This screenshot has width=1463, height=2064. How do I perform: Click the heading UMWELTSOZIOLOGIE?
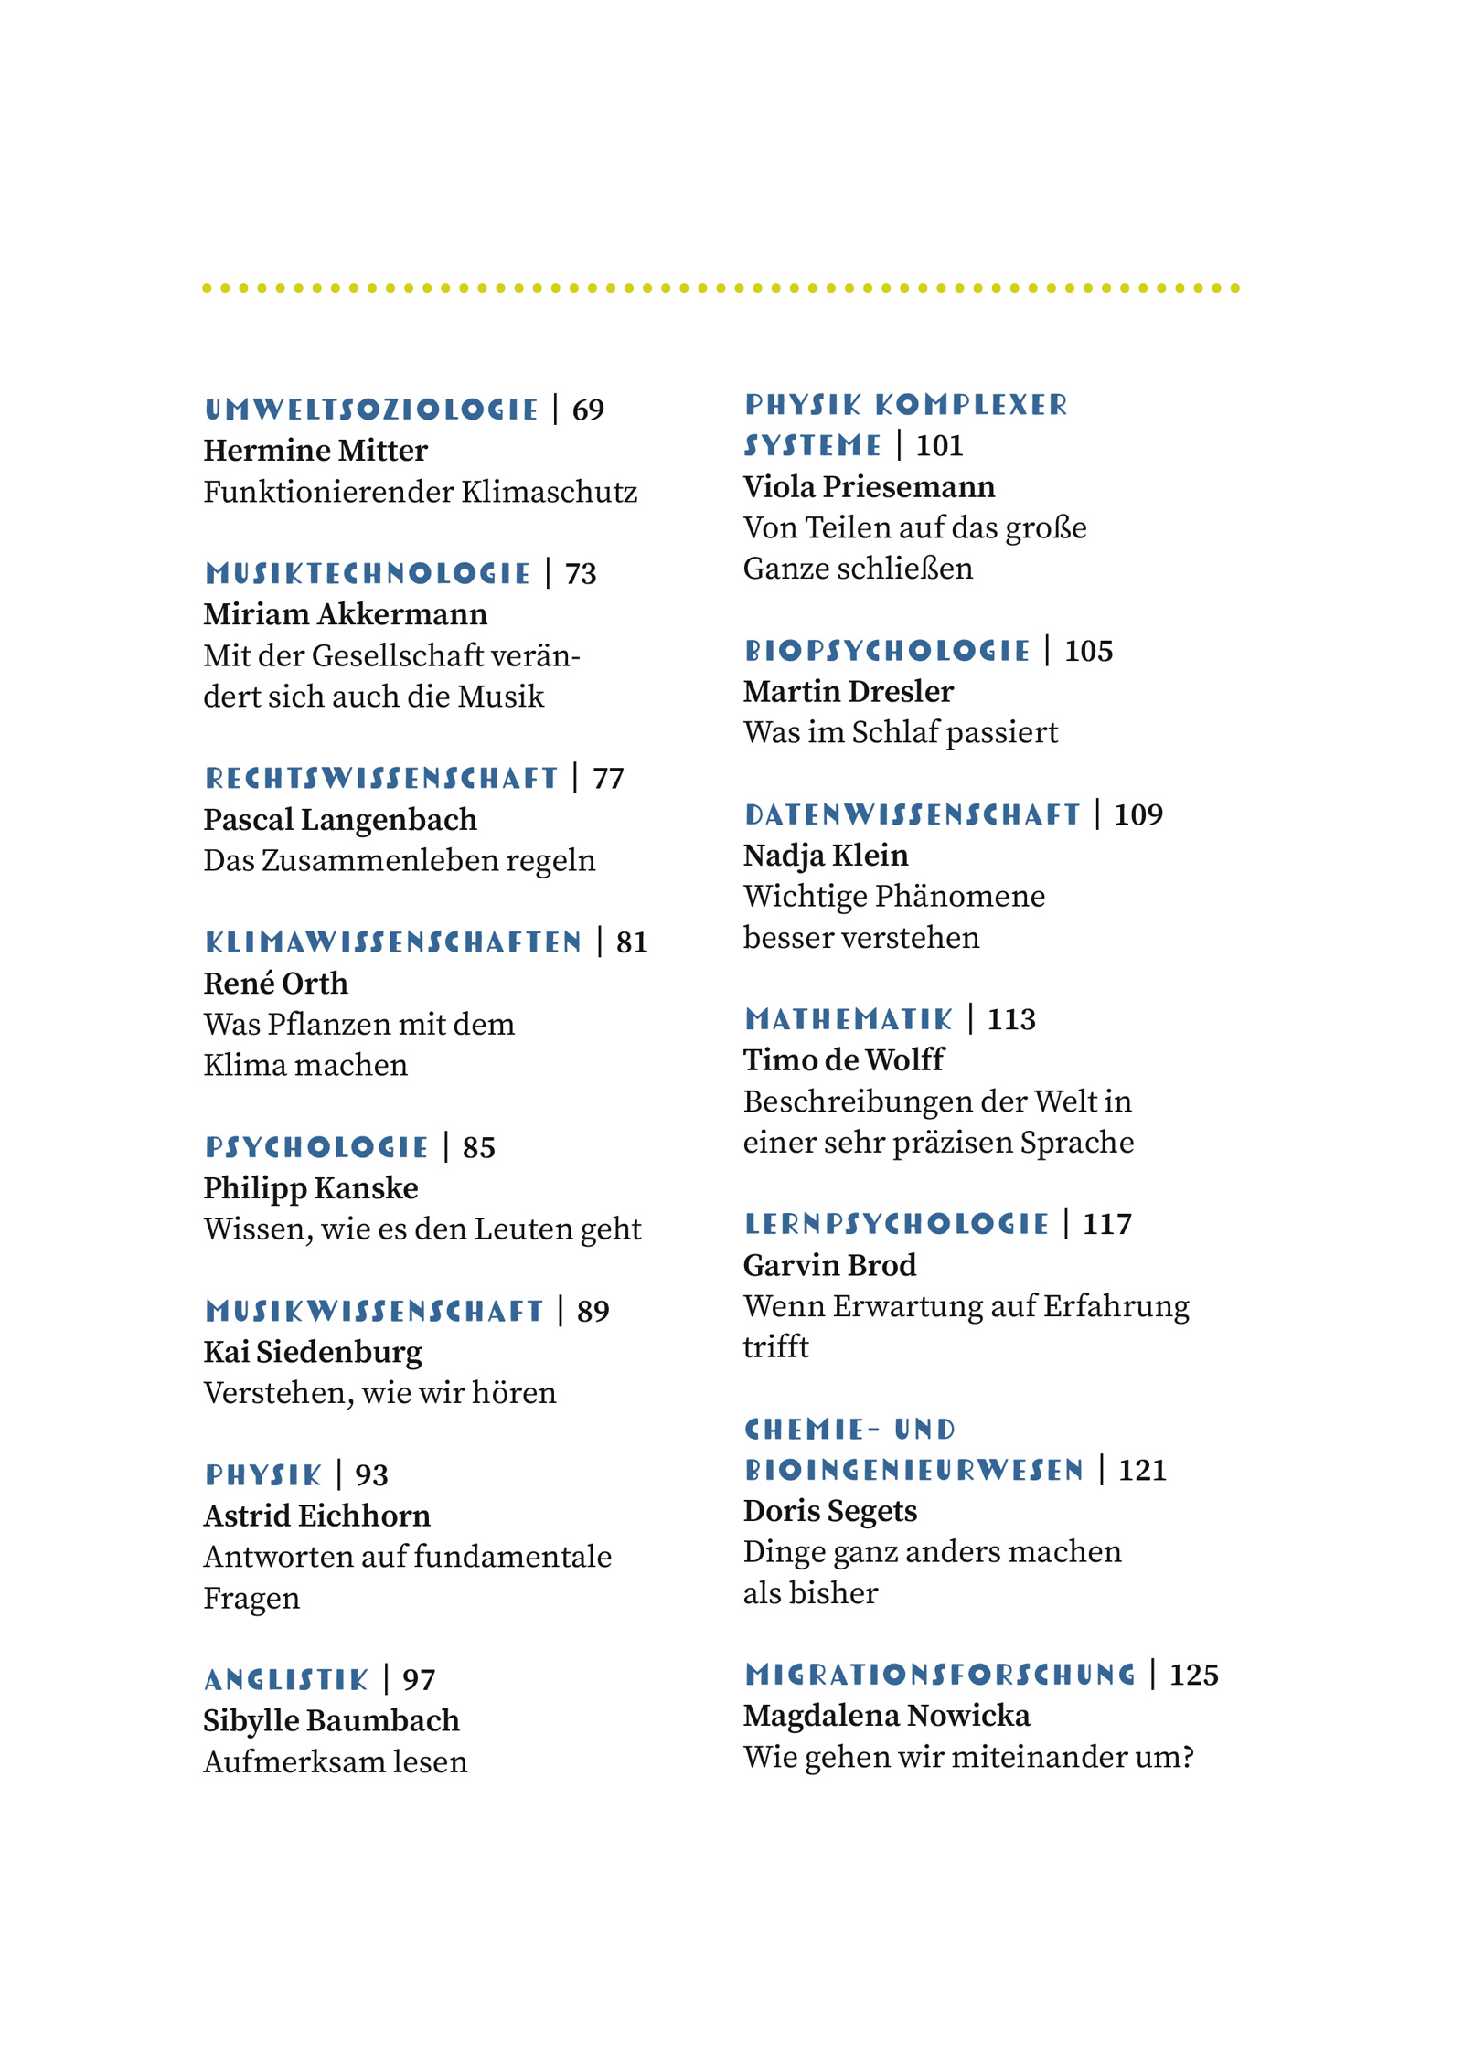(371, 410)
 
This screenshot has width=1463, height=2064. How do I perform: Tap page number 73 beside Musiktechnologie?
(581, 574)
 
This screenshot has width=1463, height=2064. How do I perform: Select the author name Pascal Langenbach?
(340, 819)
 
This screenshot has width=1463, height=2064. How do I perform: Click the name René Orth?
(275, 983)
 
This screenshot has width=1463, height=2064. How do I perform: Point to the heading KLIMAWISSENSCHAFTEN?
(393, 942)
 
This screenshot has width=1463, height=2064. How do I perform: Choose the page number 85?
(478, 1147)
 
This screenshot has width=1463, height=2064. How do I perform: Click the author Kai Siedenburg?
(313, 1352)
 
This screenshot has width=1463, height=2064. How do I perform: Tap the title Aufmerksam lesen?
(335, 1761)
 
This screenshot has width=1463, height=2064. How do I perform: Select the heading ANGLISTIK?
(286, 1680)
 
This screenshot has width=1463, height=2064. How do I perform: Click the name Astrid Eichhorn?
(316, 1516)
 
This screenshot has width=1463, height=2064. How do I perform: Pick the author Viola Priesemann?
(869, 486)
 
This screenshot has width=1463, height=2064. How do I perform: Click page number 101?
(939, 446)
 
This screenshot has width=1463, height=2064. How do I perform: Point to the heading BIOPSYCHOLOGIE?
(887, 651)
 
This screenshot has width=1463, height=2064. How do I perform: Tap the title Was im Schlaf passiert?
(900, 732)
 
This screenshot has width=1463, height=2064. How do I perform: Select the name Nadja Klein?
(826, 855)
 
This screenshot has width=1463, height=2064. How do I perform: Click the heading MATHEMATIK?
(849, 1019)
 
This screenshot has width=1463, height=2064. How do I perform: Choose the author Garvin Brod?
(829, 1265)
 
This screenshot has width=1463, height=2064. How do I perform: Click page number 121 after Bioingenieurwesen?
(1142, 1470)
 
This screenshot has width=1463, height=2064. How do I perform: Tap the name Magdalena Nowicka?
(886, 1716)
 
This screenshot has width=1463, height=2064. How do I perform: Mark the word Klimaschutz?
(549, 492)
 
